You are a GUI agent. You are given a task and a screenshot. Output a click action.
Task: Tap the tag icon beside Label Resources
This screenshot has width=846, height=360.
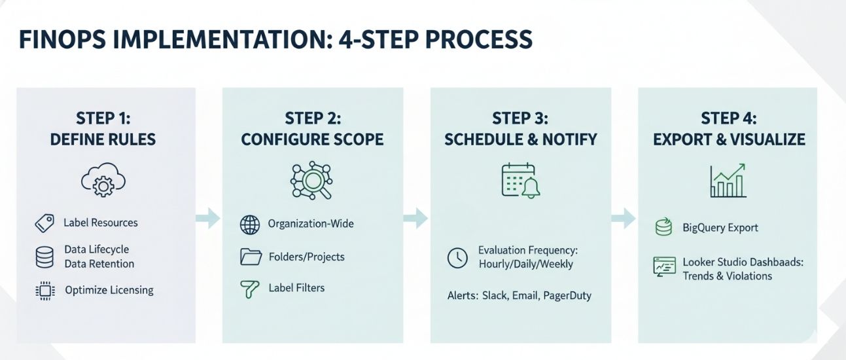click(44, 223)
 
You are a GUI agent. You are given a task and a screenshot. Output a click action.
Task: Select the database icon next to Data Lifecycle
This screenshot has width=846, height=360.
click(44, 257)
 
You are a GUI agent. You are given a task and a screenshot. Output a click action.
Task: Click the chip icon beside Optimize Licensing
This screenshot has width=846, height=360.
click(44, 291)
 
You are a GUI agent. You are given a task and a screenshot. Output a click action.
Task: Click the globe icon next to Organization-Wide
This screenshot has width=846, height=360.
click(250, 225)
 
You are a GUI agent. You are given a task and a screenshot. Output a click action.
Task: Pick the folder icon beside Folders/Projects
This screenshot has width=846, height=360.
click(251, 257)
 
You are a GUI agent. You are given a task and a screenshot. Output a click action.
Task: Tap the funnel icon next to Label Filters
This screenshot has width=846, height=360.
click(250, 289)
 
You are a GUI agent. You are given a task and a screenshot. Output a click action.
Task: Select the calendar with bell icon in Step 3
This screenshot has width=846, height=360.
click(521, 180)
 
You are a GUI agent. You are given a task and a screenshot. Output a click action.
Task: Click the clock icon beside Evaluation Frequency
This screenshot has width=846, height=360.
click(457, 257)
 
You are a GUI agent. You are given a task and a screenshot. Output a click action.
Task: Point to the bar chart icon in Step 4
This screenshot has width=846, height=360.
click(728, 181)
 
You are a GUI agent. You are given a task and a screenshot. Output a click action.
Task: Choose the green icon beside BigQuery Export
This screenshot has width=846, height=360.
click(663, 228)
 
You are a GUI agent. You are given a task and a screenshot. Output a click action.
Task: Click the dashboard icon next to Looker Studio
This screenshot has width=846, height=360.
click(664, 266)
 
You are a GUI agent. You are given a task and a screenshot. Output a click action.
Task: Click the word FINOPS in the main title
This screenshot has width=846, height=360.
click(60, 40)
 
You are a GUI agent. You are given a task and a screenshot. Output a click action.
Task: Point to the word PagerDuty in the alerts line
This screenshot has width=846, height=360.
click(567, 295)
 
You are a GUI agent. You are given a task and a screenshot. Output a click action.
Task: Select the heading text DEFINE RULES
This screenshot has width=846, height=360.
click(103, 139)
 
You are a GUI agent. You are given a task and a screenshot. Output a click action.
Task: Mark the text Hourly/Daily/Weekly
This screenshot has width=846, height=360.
click(525, 264)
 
